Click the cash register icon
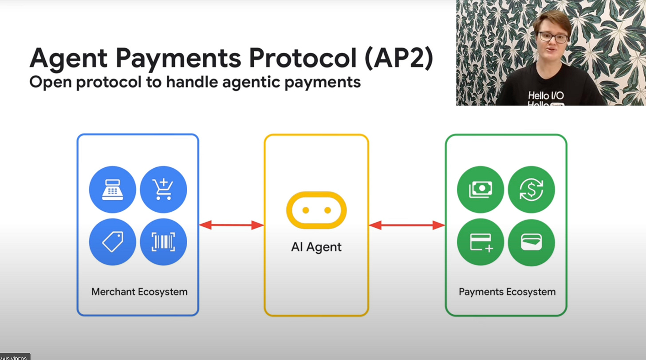113,190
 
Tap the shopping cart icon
163,190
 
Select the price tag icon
113,242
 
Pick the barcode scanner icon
163,242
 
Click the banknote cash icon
481,190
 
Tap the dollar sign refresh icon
531,190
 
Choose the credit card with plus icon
481,242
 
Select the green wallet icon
531,242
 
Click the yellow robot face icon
316,210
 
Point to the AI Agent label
316,247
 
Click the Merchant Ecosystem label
139,292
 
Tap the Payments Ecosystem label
507,292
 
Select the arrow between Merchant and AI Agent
231,225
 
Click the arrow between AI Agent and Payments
406,225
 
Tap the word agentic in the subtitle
256,82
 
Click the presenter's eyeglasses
553,36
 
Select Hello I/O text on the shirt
546,95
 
